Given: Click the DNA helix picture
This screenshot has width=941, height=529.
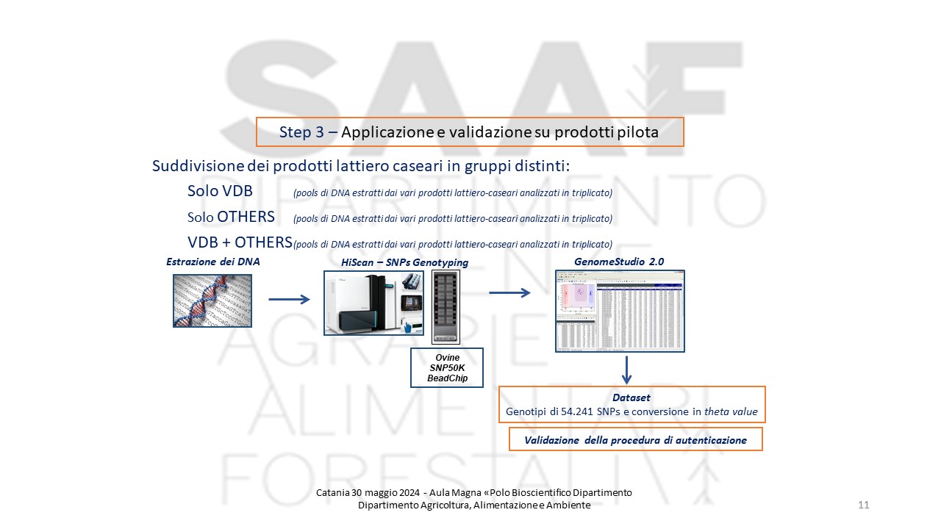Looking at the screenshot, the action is [x=212, y=301].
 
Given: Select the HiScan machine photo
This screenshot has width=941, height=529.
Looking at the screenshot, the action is [x=375, y=303].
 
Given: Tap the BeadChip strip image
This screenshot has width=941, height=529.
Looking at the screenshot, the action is [x=446, y=306].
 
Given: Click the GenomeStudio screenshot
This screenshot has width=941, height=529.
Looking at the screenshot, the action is [x=620, y=311].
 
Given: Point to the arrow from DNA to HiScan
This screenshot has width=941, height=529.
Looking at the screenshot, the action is [x=289, y=299].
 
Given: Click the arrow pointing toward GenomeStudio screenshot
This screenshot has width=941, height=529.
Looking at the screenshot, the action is [x=509, y=293].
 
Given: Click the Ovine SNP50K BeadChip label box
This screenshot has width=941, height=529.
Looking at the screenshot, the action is [x=447, y=368].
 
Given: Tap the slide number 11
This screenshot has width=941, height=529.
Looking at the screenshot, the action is [x=863, y=505].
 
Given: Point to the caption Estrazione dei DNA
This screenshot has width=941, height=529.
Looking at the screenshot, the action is [x=213, y=261].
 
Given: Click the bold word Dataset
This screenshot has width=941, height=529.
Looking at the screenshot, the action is [x=631, y=397].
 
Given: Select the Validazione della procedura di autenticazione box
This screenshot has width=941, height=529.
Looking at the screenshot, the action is [x=635, y=440].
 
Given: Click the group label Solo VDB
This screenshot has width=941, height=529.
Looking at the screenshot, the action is [x=220, y=191].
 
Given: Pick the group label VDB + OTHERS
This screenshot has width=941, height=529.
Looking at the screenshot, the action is [x=240, y=242].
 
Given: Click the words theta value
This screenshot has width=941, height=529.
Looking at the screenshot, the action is [x=730, y=412].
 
